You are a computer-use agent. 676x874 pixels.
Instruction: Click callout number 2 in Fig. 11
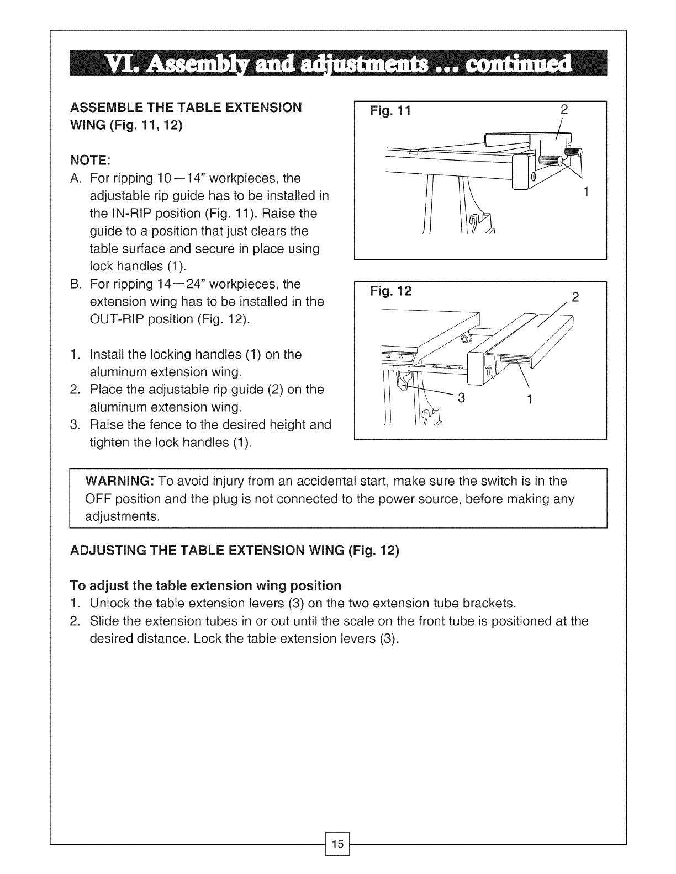(x=564, y=109)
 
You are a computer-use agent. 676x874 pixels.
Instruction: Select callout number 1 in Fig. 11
(x=587, y=192)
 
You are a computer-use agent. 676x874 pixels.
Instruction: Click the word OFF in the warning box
(x=97, y=499)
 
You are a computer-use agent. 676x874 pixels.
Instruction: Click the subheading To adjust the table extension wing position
(x=205, y=585)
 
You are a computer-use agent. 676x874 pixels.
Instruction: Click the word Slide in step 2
(x=104, y=621)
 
